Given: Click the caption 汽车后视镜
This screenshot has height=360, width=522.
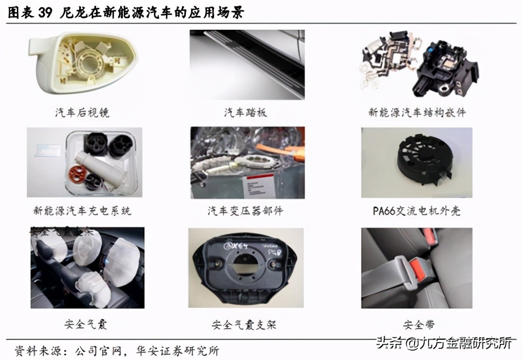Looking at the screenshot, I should click(x=82, y=113).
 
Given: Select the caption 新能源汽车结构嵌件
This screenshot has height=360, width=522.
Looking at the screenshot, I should click(x=417, y=113).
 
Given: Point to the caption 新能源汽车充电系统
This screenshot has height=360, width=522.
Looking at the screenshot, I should click(x=82, y=211).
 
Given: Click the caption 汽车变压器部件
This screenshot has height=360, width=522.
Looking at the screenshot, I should click(x=245, y=211).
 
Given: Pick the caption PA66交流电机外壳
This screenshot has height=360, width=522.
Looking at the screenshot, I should click(x=416, y=211).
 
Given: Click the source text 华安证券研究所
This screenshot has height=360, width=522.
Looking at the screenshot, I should click(x=178, y=351).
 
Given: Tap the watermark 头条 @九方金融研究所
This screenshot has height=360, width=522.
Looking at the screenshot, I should click(x=443, y=344).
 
